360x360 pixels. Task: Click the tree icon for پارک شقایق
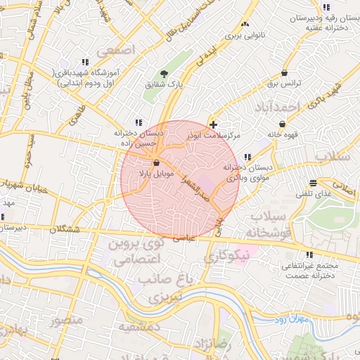(164, 73)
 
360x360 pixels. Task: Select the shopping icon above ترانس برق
(284, 72)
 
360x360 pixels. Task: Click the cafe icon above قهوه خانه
(282, 124)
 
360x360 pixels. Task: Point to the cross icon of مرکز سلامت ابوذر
(213, 124)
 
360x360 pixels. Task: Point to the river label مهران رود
(292, 320)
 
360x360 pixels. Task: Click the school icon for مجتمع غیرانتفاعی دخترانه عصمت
(309, 255)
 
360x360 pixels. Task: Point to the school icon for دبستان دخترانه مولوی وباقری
(247, 157)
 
